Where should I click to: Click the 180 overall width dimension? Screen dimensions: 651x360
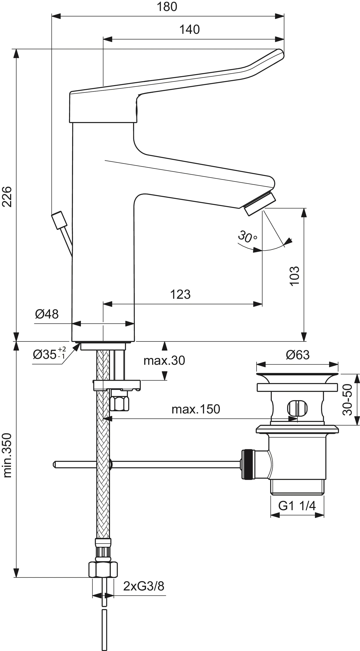(167, 7)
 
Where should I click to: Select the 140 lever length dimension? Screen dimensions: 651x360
(189, 30)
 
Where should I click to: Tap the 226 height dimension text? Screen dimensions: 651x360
(7, 197)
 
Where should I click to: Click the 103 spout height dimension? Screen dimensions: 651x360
(294, 276)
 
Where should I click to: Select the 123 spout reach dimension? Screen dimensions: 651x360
(180, 294)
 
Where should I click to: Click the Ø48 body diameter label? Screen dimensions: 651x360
(47, 314)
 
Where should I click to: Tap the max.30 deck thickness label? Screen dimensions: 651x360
(164, 360)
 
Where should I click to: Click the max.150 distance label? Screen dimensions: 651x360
(196, 409)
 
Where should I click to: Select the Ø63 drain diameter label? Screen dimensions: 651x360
(298, 355)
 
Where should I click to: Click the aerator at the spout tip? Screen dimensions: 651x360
(260, 204)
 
